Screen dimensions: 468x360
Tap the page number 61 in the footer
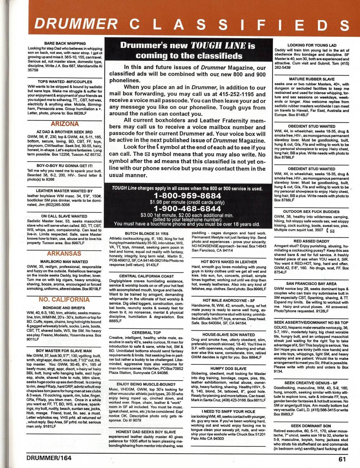342,459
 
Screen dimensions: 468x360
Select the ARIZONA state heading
64,124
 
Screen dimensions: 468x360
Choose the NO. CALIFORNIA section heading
64,300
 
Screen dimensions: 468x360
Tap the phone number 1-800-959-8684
187,196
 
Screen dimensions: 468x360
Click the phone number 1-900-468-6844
187,209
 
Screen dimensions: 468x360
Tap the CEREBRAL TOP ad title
146,333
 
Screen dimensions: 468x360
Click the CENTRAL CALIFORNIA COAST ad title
147,276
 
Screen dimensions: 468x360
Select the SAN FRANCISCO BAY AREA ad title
311,283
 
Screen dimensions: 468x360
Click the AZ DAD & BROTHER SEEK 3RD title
64,132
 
